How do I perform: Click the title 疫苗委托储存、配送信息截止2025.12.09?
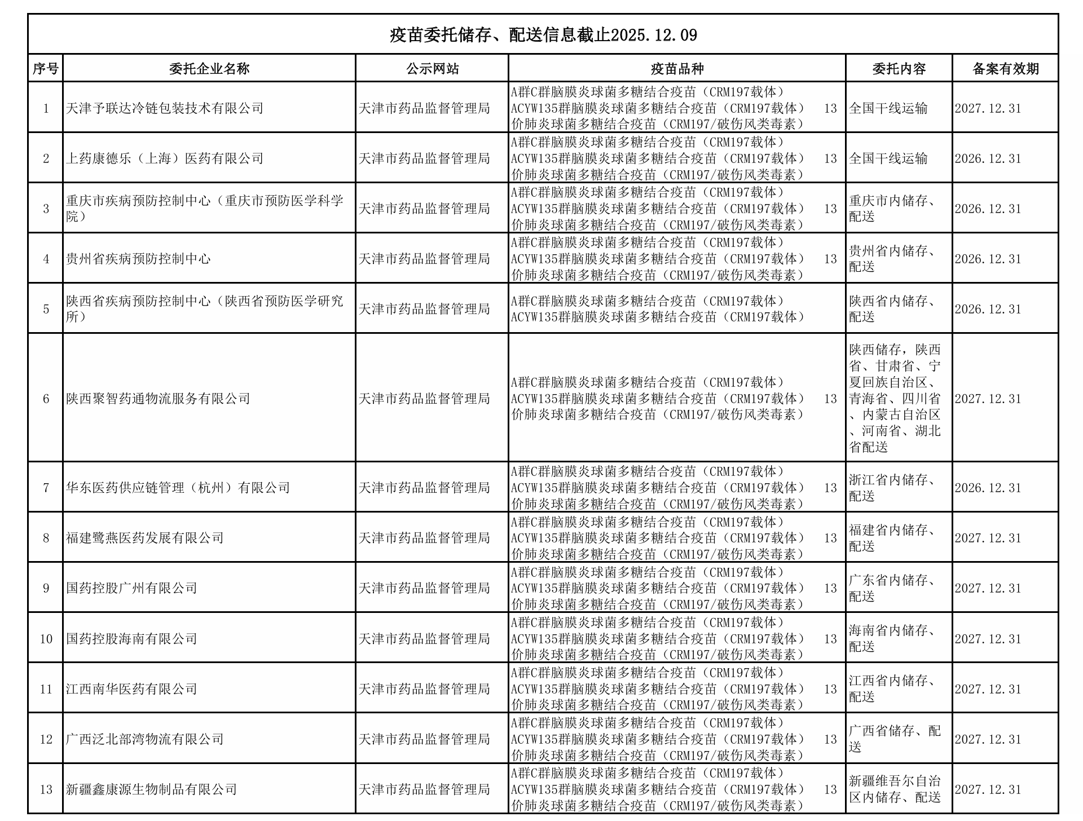(543, 36)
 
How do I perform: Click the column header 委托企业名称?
(209, 69)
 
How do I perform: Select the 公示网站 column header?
(432, 69)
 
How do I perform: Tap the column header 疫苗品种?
(677, 69)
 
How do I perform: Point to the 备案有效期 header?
(1005, 69)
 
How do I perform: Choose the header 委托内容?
(899, 69)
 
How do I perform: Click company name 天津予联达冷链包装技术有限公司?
(165, 108)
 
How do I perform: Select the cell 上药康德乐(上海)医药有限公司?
(165, 158)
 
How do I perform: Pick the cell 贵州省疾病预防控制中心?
(138, 259)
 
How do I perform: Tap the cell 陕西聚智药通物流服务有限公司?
(158, 399)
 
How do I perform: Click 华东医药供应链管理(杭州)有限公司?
(178, 488)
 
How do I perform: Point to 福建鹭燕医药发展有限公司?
(145, 538)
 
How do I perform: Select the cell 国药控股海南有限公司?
(131, 639)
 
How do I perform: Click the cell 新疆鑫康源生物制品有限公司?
(151, 789)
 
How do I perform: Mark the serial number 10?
(46, 639)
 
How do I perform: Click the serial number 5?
(46, 309)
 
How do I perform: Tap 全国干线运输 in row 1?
(888, 108)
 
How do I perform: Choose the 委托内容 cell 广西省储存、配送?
(895, 739)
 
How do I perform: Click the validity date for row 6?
(988, 399)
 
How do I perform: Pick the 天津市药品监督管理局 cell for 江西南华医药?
(424, 689)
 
